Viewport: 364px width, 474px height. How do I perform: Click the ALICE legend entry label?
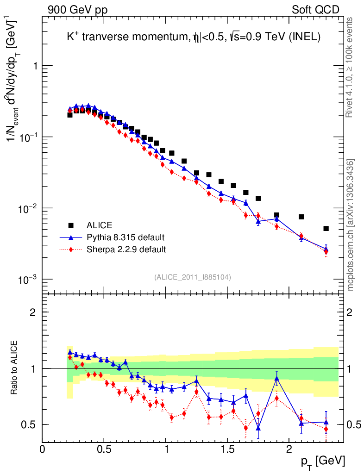(x=99, y=225)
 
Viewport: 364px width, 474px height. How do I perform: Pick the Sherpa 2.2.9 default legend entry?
(x=126, y=249)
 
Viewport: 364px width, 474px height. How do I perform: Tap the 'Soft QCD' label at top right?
(x=315, y=10)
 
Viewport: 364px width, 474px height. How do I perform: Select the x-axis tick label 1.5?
(x=227, y=449)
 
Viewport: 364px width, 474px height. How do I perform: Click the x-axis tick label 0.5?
(x=104, y=449)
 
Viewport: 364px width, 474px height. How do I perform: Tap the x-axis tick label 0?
(x=43, y=449)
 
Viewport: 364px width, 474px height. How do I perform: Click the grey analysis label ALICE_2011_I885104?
(x=193, y=277)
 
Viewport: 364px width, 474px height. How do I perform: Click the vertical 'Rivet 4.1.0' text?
(x=351, y=67)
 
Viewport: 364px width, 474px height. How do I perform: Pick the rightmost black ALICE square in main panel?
(x=326, y=228)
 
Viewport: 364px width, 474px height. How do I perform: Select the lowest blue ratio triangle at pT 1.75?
(x=258, y=428)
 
